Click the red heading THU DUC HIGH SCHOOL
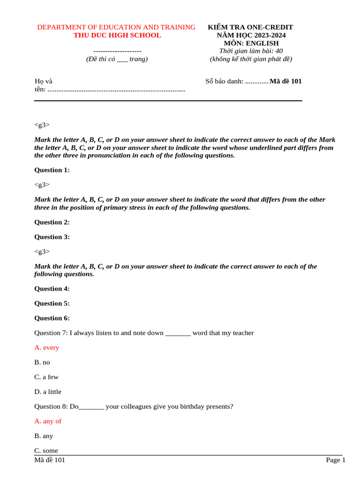point(117,35)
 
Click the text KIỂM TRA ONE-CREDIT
point(250,27)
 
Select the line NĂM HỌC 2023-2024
point(251,35)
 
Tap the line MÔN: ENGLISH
point(251,43)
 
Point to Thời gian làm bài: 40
point(251,51)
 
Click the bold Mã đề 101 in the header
point(286,81)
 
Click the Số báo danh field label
point(225,81)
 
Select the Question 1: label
point(52,170)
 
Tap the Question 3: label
point(52,237)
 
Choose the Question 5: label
point(52,303)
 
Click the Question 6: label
point(52,318)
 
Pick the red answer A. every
point(46,347)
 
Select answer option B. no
point(42,362)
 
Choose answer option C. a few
point(46,377)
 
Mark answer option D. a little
point(47,391)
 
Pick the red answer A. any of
point(47,421)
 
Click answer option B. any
point(44,436)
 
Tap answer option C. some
point(46,450)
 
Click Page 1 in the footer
point(336,460)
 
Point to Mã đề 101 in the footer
point(50,460)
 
